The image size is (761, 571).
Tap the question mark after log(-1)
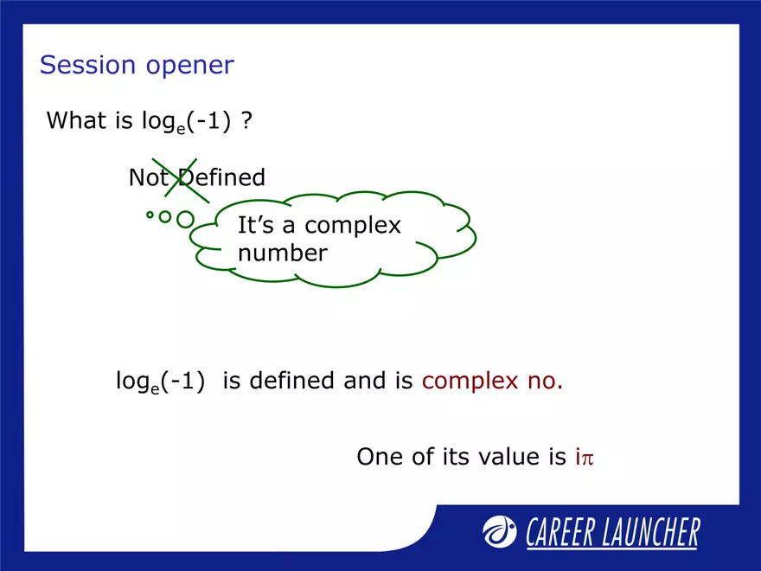[x=246, y=120]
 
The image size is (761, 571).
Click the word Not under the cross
[x=147, y=178]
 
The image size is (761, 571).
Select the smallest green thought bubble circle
[x=150, y=214]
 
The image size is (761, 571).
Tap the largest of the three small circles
[x=185, y=220]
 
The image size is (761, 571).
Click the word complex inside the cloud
[x=353, y=227]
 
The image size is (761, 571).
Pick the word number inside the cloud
[x=282, y=253]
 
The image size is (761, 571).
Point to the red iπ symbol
[x=585, y=457]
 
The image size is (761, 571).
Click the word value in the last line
[x=511, y=457]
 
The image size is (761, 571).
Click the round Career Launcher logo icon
[x=500, y=531]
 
